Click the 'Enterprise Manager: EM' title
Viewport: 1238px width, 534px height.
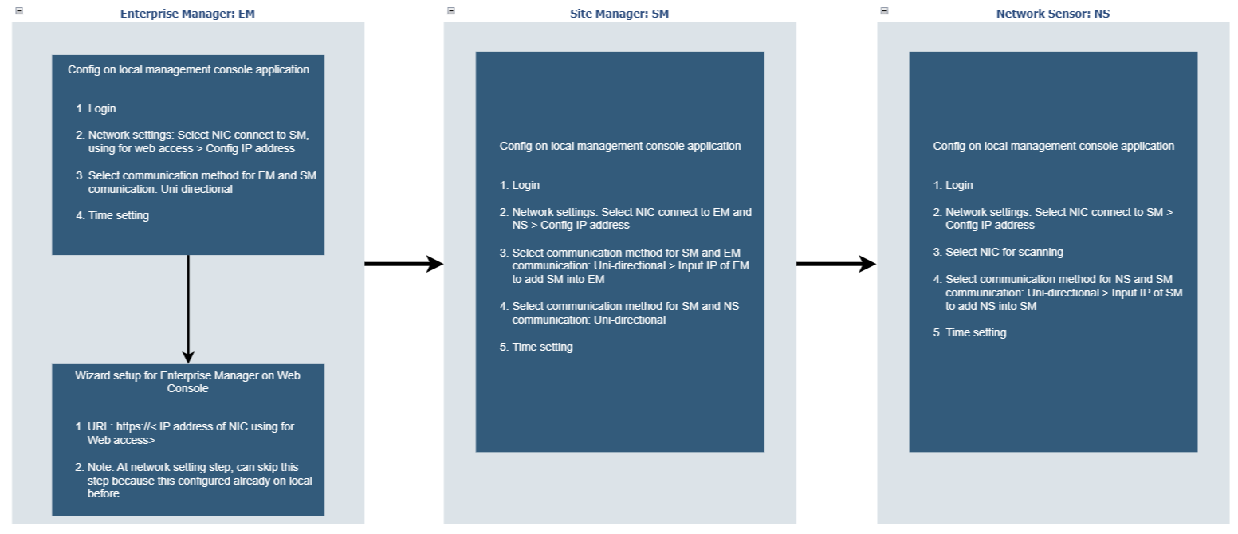point(187,14)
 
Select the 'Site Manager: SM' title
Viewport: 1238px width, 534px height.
point(619,14)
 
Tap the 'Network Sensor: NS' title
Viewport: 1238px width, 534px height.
point(1053,14)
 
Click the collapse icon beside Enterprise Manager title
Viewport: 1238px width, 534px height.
point(19,10)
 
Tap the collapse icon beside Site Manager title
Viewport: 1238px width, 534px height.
point(451,10)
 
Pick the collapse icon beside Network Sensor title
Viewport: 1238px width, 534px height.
point(884,10)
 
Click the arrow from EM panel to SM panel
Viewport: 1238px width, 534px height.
point(404,264)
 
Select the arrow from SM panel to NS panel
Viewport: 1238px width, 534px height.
point(836,264)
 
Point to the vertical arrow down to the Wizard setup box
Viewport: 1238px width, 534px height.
point(188,309)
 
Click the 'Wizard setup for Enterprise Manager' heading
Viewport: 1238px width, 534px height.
point(187,382)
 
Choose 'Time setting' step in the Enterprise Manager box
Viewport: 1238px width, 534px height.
point(112,215)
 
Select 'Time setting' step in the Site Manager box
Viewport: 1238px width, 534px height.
point(536,347)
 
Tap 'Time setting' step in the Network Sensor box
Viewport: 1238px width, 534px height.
point(970,333)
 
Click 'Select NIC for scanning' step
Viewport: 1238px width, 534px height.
point(998,252)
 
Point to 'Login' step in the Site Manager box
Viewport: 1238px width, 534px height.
point(520,185)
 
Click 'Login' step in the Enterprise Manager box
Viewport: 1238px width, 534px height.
point(96,108)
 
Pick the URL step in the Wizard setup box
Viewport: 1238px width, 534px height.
point(185,434)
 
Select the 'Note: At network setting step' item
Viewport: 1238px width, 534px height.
point(194,481)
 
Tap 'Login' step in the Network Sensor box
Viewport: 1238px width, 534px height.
point(953,185)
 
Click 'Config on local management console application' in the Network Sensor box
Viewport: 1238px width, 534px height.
point(1053,146)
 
